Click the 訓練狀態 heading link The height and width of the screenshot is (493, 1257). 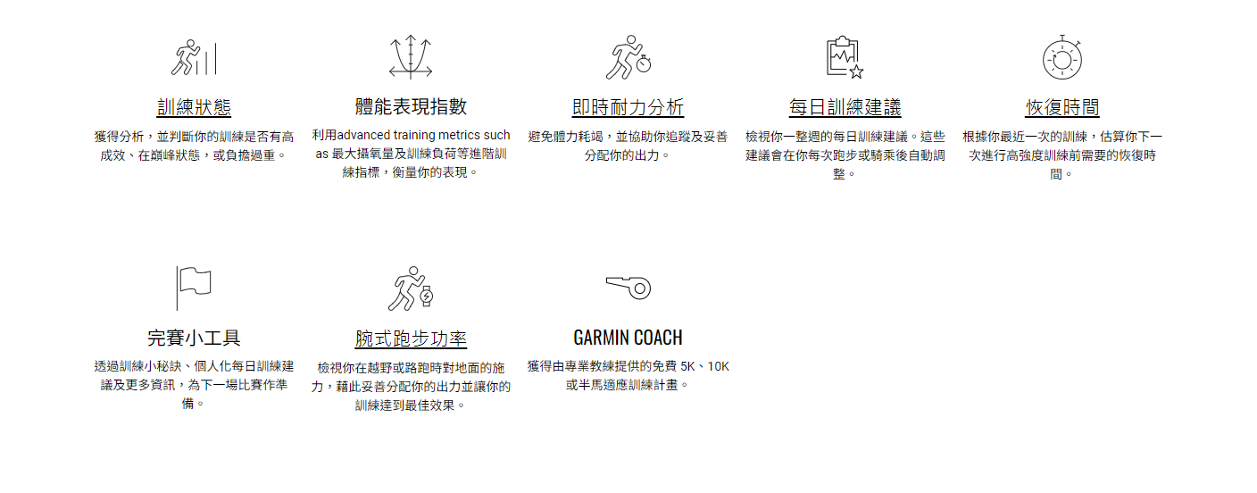click(x=194, y=108)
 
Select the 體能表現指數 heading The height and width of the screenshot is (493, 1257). click(x=411, y=107)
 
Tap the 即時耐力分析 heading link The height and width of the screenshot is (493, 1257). click(x=628, y=108)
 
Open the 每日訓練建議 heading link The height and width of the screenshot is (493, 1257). click(x=845, y=108)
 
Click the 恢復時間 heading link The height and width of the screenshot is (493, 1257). click(x=1062, y=108)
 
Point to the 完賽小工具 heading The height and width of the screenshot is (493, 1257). click(x=194, y=338)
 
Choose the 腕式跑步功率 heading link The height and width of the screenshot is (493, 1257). click(x=411, y=338)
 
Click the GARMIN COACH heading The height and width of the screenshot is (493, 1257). click(x=628, y=338)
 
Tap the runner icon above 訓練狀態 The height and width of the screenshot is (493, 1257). click(x=194, y=58)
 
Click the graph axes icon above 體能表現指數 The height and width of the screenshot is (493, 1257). click(x=411, y=58)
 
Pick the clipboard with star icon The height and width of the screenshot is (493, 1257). click(x=844, y=58)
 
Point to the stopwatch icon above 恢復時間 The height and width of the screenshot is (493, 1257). click(x=1062, y=58)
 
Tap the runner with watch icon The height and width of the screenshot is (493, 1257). click(x=411, y=288)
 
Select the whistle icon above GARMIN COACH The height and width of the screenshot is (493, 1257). click(x=628, y=288)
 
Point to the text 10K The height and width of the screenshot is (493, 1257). click(x=719, y=366)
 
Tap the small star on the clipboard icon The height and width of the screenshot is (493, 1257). click(x=856, y=71)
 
